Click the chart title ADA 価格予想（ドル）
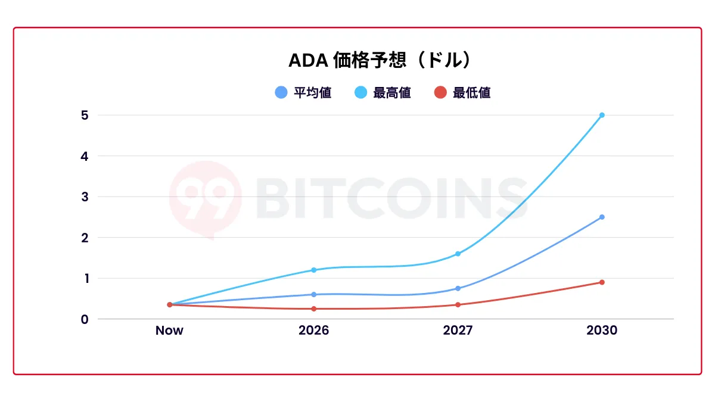coord(381,61)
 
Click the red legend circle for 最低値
coord(440,93)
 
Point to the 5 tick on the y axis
coord(85,115)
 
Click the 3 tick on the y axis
coord(85,197)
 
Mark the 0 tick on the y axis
coord(85,319)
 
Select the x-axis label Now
coord(169,331)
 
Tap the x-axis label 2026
coord(313,331)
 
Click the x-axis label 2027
coord(458,331)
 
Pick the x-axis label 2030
coord(602,331)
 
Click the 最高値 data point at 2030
coord(602,115)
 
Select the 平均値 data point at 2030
coord(602,217)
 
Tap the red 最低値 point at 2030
coord(602,282)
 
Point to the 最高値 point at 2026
coord(313,270)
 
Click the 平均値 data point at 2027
coord(458,288)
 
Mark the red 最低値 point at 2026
coord(313,308)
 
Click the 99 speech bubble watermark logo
coord(205,198)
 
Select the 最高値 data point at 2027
coord(458,254)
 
